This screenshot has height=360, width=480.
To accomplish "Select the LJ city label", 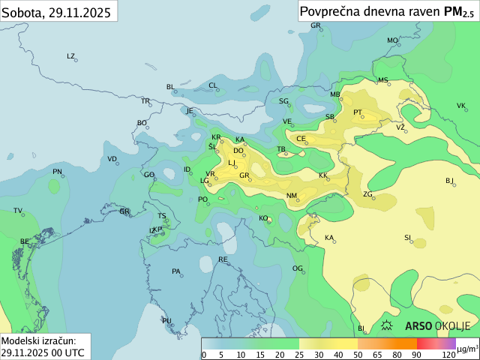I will pyautogui.click(x=232, y=163).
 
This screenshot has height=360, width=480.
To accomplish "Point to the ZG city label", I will pyautogui.click(x=367, y=194).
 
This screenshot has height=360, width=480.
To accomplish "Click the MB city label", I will pyautogui.click(x=334, y=94).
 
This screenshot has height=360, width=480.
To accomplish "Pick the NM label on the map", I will pyautogui.click(x=292, y=196).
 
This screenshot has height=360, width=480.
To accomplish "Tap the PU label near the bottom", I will pyautogui.click(x=166, y=320).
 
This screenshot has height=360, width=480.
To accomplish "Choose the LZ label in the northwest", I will pyautogui.click(x=71, y=56).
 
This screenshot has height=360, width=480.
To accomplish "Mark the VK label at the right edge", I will pyautogui.click(x=461, y=106).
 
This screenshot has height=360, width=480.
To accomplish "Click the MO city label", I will pyautogui.click(x=391, y=40).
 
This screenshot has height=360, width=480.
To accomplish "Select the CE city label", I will pyautogui.click(x=301, y=139).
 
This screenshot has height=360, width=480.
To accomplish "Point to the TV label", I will pyautogui.click(x=18, y=211).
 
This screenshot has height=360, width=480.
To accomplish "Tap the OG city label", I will pyautogui.click(x=297, y=268).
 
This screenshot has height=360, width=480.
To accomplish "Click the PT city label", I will pyautogui.click(x=358, y=113).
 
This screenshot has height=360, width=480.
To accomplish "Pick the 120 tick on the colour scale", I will pyautogui.click(x=448, y=354).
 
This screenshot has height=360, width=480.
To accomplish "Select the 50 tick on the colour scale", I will pyautogui.click(x=358, y=354).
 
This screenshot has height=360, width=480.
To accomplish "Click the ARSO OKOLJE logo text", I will pyautogui.click(x=437, y=325).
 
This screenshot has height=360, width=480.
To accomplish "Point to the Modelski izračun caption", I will pyautogui.click(x=37, y=340).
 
